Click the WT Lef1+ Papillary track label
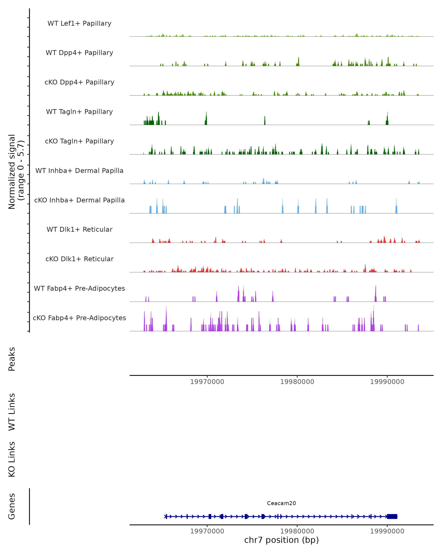[x=79, y=23]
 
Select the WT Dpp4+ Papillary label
[x=79, y=53]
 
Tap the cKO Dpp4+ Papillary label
[x=79, y=82]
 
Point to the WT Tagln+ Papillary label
[x=79, y=112]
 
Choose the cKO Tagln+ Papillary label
[x=79, y=141]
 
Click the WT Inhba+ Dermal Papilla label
[x=79, y=171]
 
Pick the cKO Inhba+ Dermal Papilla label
[x=79, y=200]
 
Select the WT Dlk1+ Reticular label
[x=79, y=229]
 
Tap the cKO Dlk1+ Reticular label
[x=79, y=259]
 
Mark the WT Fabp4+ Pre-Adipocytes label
[x=79, y=288]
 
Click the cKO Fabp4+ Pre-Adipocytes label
[x=79, y=318]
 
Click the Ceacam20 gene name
[x=281, y=503]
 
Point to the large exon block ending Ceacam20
[x=392, y=517]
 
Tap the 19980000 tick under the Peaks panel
[x=297, y=382]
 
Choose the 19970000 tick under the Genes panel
[x=207, y=531]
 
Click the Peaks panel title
[x=12, y=359]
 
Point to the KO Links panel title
[x=12, y=459]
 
